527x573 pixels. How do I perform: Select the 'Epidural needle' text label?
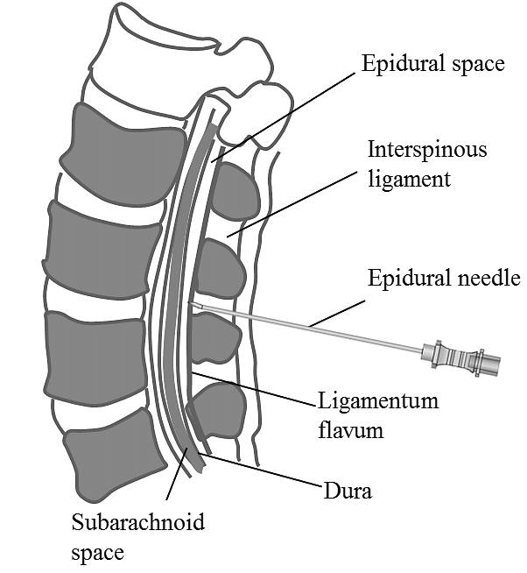444,279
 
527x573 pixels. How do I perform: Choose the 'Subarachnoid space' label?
137,537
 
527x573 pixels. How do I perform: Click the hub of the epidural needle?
460,357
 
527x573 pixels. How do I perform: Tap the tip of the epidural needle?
191,304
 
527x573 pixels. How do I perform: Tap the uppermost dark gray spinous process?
235,192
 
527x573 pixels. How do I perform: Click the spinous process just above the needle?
219,268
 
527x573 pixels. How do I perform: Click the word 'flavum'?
350,430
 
